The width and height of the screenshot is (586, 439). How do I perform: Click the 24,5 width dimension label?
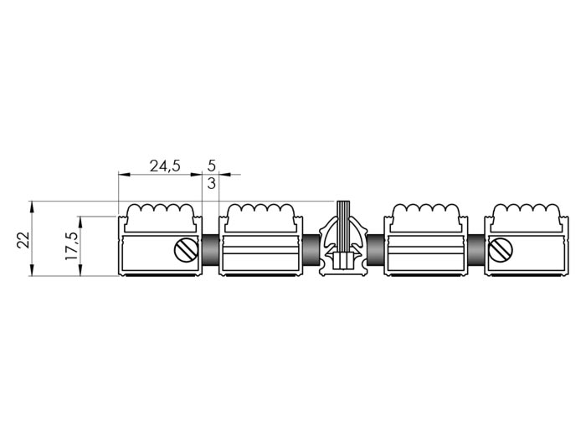[165, 166]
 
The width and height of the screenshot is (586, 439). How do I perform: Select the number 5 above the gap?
[211, 165]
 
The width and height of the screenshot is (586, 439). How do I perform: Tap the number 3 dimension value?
[211, 183]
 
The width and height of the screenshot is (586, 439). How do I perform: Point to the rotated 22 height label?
[23, 240]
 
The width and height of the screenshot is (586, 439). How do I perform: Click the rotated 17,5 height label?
[71, 246]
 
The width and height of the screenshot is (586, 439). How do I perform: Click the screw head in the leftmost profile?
[186, 250]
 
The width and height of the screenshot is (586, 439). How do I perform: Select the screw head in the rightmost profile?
[501, 250]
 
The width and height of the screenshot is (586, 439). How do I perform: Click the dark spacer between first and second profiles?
[210, 249]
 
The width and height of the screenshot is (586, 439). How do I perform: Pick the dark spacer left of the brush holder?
[311, 249]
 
